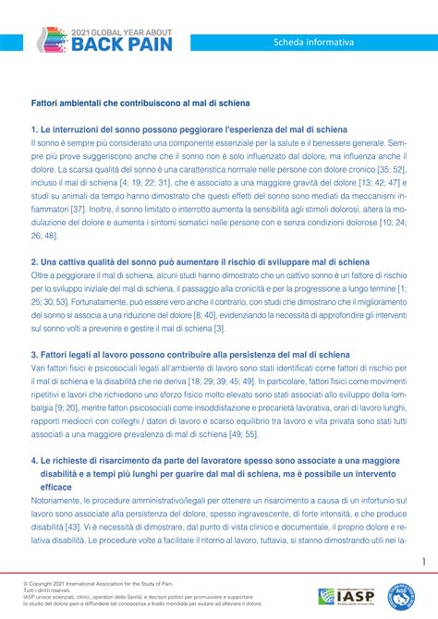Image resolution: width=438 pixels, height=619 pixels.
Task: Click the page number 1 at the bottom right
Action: [422, 537]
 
